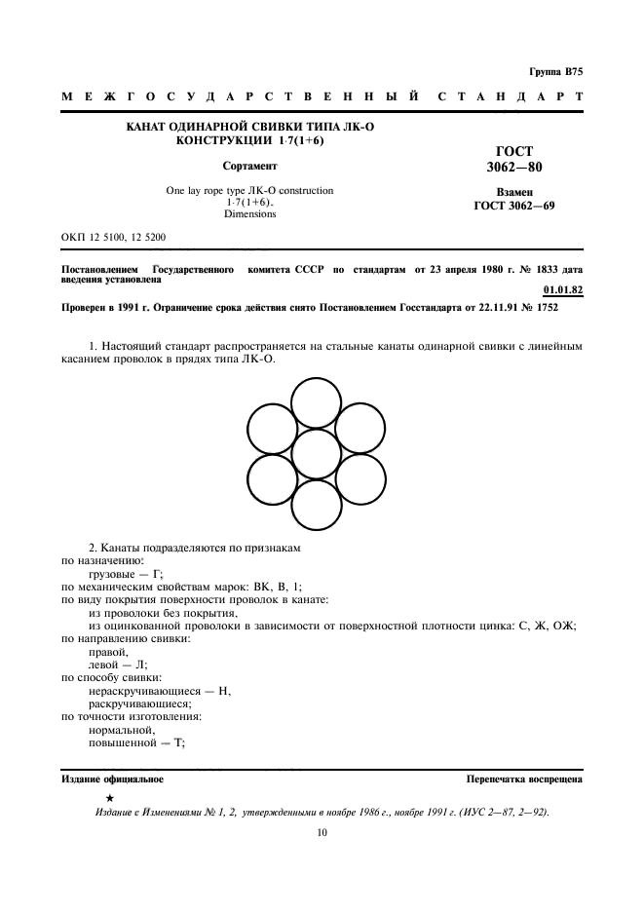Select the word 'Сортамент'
coord(250,166)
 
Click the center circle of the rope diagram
coord(317,454)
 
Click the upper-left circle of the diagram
coord(273,429)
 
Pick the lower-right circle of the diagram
coord(360,479)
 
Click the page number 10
coord(322,832)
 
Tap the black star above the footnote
coord(110,798)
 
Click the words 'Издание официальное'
coord(113,779)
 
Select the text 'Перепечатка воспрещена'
coord(524,779)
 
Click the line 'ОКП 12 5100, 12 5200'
coord(113,238)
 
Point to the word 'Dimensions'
coord(250,213)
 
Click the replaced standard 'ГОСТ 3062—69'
coord(513,207)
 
